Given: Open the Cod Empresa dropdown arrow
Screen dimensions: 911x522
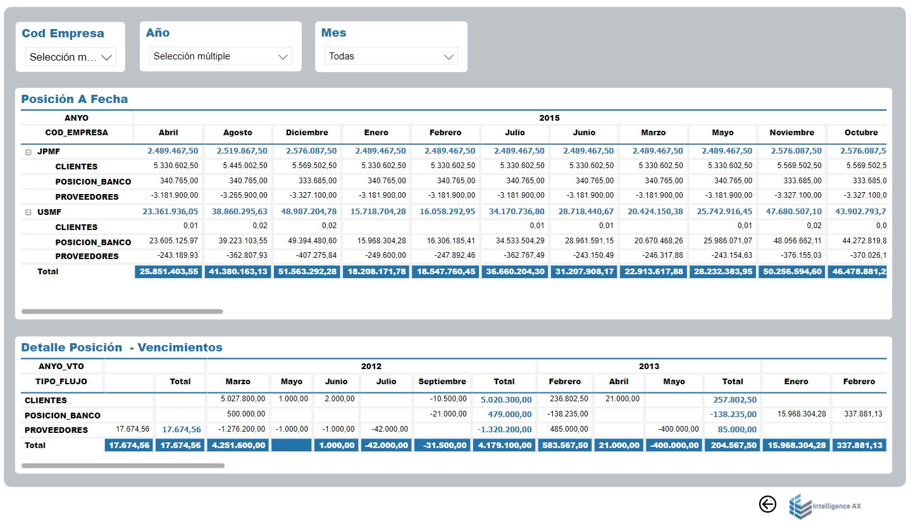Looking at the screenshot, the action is click(106, 58).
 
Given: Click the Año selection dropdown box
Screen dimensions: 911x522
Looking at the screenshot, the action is click(220, 56).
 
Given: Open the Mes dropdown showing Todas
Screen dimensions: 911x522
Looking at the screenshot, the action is click(391, 56).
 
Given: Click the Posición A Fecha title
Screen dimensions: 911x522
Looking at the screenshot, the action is click(75, 99).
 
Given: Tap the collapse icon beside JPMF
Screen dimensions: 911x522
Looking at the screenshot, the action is click(28, 152).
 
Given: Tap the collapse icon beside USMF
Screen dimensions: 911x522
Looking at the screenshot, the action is click(28, 212).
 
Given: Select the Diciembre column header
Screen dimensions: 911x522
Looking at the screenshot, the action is click(307, 133).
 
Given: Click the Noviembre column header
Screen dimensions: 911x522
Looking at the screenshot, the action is click(792, 133).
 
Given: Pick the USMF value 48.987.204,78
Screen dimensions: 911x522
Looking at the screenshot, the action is click(309, 211).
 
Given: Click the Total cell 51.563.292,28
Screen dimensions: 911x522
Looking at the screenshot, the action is click(307, 271).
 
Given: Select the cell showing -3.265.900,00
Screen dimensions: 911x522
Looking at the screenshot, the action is click(244, 195).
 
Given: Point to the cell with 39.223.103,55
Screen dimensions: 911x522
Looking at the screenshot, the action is click(243, 241).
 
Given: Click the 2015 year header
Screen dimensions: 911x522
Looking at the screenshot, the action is click(549, 118).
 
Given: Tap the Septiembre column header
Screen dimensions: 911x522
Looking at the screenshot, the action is click(442, 382).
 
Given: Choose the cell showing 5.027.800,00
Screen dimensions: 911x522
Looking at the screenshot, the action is click(243, 399).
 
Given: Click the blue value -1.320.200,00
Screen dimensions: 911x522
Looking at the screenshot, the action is click(504, 429).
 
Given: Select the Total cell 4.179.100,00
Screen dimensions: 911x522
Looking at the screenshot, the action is click(504, 445).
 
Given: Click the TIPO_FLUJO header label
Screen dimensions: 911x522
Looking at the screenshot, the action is click(61, 382).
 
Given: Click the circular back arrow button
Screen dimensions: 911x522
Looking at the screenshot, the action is click(767, 504).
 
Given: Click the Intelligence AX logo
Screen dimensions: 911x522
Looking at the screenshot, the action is click(825, 506).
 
